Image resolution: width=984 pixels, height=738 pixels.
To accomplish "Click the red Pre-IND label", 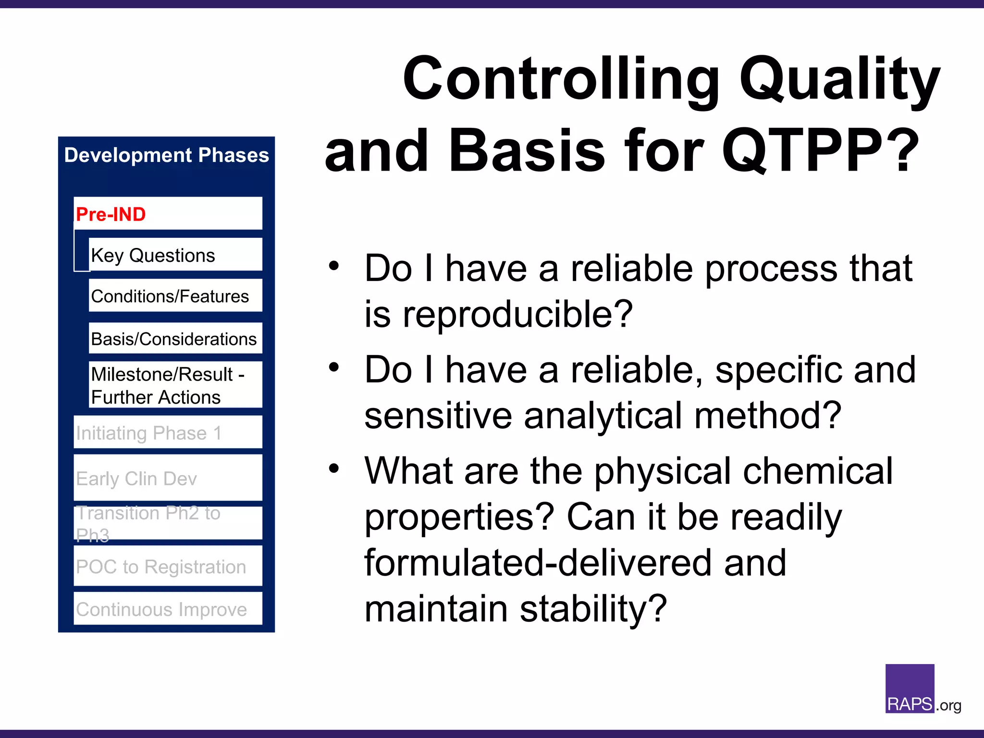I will point(111,214).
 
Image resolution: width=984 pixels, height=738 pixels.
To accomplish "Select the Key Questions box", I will point(175,255).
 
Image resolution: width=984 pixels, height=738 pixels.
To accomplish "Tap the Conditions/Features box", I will point(175,296).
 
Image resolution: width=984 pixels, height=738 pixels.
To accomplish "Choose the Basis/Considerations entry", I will point(175,339).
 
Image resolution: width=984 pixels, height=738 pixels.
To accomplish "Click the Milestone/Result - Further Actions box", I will point(175,385).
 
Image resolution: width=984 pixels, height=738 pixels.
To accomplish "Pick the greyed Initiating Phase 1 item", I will point(168,432).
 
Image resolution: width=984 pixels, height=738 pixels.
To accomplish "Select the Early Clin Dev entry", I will point(168,478).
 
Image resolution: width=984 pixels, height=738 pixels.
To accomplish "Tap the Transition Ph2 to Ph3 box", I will point(168,523).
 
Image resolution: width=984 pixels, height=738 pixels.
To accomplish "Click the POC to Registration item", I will point(168,566).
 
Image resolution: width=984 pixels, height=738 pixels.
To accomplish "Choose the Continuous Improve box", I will point(168,609).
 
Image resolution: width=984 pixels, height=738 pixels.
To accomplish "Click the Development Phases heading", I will point(166,155).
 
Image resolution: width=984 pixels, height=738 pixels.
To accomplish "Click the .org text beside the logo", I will point(948,705).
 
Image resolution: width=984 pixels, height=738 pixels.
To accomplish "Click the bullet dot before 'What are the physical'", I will point(334,468).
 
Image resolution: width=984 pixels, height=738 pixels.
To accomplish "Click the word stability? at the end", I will point(593,609).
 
